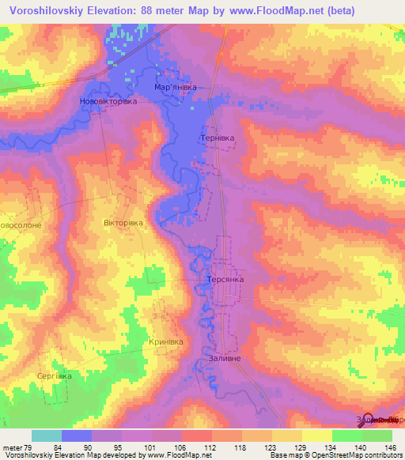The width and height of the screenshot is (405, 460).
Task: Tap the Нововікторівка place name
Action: (x=109, y=102)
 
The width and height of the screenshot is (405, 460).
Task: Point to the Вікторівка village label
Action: (x=123, y=223)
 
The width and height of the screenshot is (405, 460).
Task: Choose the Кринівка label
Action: (x=166, y=342)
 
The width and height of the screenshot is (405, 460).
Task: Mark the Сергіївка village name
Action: (x=54, y=376)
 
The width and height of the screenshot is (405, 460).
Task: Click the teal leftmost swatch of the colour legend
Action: (x=46, y=435)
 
